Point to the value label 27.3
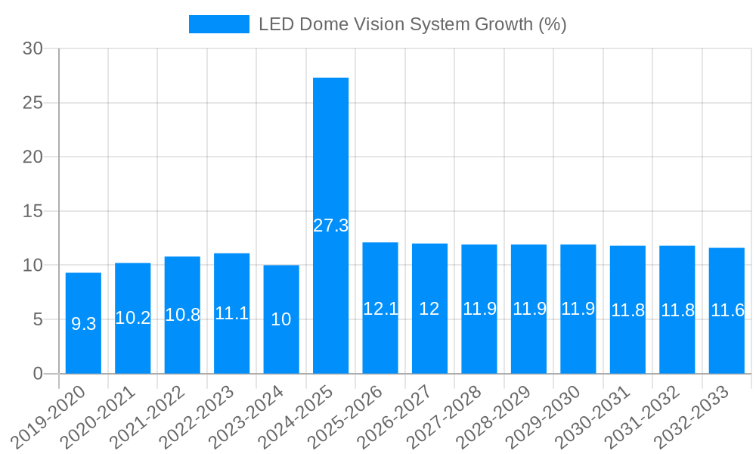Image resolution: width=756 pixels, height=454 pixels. click(330, 225)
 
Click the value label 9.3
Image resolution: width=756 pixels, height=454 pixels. click(83, 324)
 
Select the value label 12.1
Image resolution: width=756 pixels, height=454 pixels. click(380, 309)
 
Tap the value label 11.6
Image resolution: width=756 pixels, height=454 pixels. click(727, 310)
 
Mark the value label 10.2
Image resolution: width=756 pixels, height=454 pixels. click(133, 318)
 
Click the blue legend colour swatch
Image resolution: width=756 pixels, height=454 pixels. click(218, 24)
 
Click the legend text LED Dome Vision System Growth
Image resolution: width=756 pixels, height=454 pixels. click(412, 24)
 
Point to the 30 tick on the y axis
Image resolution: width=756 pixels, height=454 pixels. click(33, 48)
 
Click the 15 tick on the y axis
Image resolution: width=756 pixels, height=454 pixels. click(33, 211)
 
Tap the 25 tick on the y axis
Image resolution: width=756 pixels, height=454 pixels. click(33, 103)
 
